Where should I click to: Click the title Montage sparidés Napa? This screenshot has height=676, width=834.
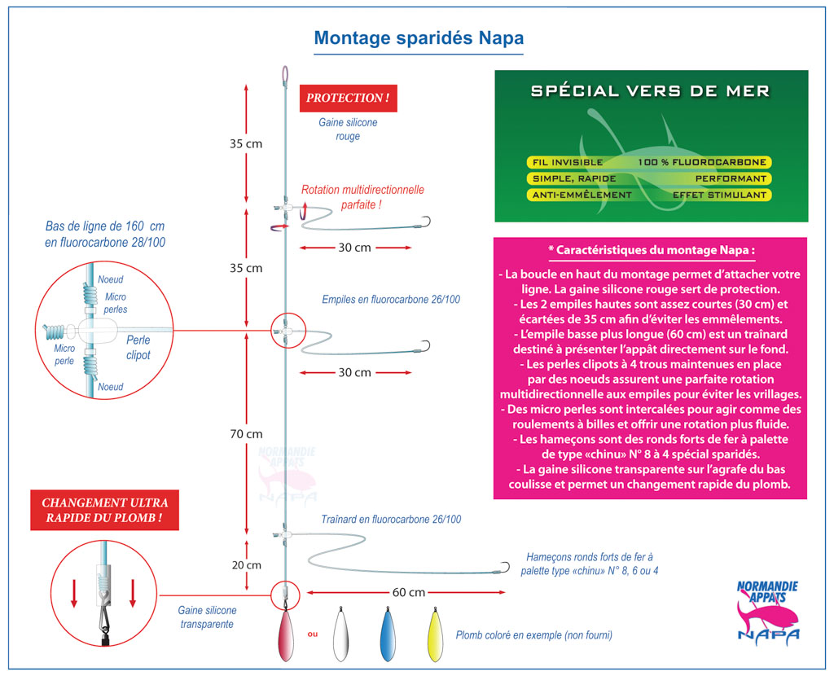pos(419,38)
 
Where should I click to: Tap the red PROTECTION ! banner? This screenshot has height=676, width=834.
pos(347,98)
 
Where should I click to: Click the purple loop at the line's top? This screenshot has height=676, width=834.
pos(284,74)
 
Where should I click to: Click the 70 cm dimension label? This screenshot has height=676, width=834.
pos(245,434)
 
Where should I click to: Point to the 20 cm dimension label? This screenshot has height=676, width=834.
pos(245,564)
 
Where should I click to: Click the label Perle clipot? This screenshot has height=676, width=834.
pos(138,348)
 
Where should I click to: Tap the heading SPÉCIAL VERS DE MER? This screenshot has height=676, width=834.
pos(650,91)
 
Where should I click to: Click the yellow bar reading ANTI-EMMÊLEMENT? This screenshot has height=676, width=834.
pos(580,195)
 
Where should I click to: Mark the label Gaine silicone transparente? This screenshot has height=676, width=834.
pos(207,617)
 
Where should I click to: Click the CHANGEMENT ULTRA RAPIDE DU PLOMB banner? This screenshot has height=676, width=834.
pos(104,511)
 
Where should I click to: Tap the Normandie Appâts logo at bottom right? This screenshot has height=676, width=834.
pos(766,609)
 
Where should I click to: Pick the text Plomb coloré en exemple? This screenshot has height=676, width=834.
pos(533,634)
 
